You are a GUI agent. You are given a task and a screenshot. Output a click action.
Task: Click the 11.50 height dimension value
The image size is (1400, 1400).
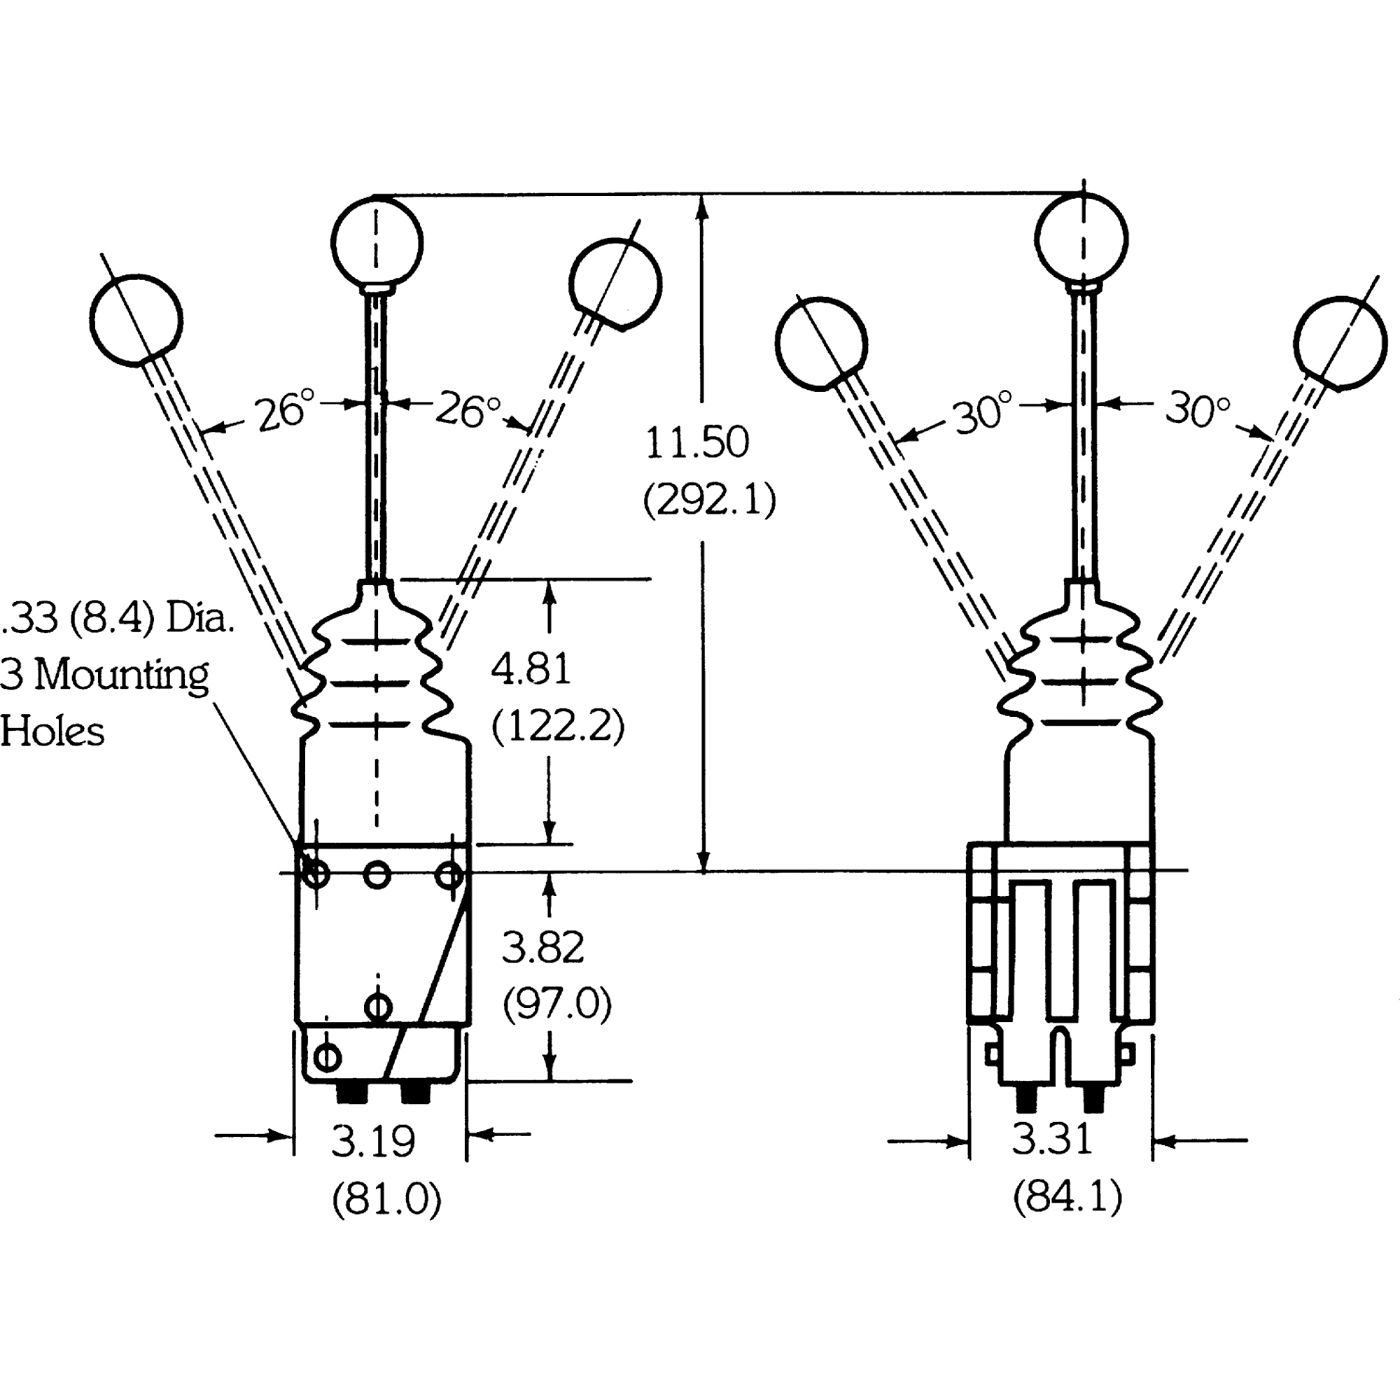(x=697, y=444)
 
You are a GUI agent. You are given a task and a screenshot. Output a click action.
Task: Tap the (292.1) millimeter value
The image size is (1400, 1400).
(x=710, y=499)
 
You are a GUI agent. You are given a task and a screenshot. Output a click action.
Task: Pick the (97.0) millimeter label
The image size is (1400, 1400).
(x=557, y=1004)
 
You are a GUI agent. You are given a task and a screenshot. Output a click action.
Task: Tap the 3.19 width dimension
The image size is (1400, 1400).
(x=373, y=1141)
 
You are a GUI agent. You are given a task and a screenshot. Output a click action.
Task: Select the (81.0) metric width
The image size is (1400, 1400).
(x=386, y=1199)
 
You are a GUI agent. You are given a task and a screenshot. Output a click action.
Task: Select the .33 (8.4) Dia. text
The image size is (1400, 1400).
(x=118, y=618)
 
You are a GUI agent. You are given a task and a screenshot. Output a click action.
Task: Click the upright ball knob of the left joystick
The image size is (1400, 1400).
(x=376, y=241)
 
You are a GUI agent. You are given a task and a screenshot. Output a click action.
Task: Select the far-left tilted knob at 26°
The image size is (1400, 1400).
(x=136, y=321)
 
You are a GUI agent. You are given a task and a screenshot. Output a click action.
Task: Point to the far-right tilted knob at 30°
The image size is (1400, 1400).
(x=1340, y=343)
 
